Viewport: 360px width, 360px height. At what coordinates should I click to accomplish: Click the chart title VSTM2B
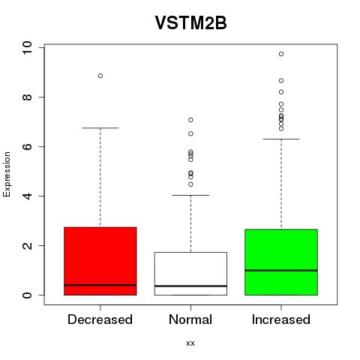190,23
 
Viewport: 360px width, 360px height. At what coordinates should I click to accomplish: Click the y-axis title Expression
7,174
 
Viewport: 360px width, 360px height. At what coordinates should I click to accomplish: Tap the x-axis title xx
190,343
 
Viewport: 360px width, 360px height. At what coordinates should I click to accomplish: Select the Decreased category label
100,319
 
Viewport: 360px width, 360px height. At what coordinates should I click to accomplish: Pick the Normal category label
190,319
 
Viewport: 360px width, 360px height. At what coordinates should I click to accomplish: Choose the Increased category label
281,319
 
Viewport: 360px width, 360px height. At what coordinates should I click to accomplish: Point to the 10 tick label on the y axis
27,48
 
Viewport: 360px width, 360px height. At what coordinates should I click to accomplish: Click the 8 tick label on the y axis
27,97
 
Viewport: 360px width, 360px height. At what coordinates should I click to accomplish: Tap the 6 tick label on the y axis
27,146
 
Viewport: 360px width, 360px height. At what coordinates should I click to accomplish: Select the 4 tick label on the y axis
27,196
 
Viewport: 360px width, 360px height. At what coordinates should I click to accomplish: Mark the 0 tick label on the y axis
27,295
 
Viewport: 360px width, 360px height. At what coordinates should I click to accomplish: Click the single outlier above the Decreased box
100,76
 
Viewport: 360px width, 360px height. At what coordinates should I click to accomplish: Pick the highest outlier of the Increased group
281,54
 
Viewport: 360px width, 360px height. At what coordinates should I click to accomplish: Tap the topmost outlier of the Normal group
190,120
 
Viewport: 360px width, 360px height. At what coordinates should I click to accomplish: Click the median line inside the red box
100,285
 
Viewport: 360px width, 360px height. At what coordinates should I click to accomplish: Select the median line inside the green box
281,270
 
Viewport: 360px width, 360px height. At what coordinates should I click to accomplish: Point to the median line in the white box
190,286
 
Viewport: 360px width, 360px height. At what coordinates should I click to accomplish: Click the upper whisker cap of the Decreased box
100,128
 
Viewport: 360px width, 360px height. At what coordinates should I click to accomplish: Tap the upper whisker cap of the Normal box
190,195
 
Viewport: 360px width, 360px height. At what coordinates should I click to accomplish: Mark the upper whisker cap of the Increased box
281,139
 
